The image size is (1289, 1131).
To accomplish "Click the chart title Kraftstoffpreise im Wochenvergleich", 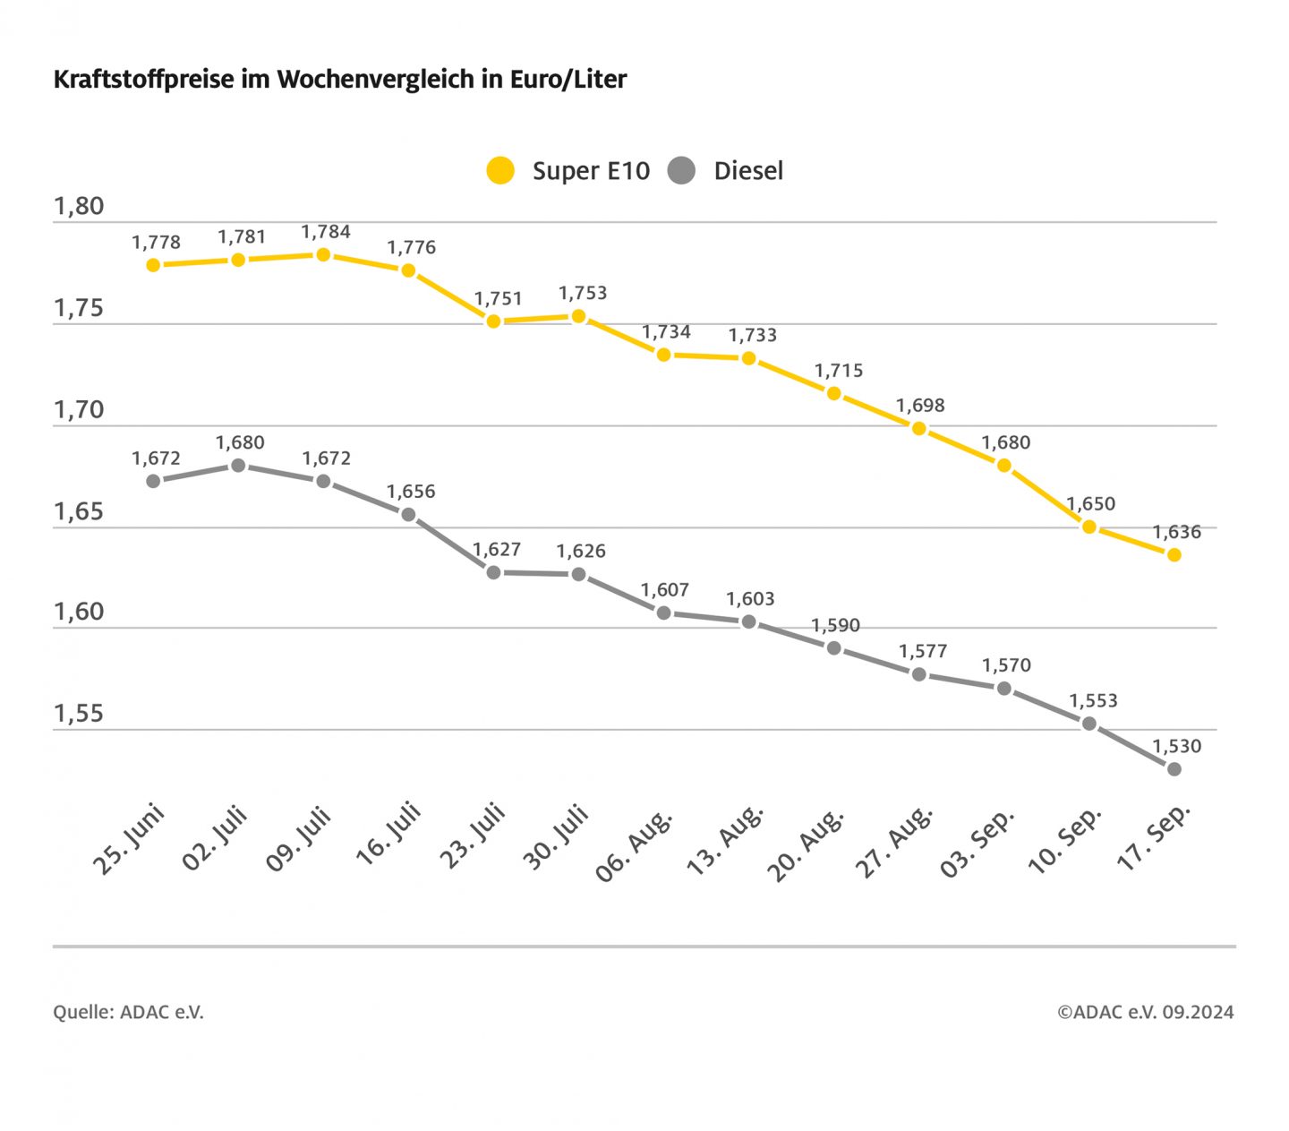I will [340, 80].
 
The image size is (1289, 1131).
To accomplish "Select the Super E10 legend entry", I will [568, 171].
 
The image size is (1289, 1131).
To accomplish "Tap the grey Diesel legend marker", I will [682, 170].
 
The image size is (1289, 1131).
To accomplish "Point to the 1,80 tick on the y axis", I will [79, 207].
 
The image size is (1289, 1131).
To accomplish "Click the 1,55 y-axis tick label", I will [79, 714].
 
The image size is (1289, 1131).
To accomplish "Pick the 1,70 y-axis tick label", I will [79, 410].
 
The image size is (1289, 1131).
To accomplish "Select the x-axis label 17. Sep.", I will [1154, 837].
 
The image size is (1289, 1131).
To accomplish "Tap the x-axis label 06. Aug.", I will [635, 845].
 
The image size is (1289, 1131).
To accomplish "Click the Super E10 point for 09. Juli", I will [323, 255].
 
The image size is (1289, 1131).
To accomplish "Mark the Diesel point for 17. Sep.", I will [1174, 769].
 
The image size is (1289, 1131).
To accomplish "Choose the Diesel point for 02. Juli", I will [238, 466].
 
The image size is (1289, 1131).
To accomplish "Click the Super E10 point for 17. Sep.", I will [1174, 555].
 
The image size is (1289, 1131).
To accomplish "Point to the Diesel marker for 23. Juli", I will [493, 572].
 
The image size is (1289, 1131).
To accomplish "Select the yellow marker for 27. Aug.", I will [918, 429].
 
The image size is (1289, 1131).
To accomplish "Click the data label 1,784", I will [326, 233].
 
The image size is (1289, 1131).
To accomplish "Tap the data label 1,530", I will [1176, 747].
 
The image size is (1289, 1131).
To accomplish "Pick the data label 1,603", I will [750, 599].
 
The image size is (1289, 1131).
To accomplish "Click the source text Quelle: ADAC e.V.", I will [128, 1013].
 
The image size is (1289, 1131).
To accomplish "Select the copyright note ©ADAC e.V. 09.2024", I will [1145, 1013].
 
